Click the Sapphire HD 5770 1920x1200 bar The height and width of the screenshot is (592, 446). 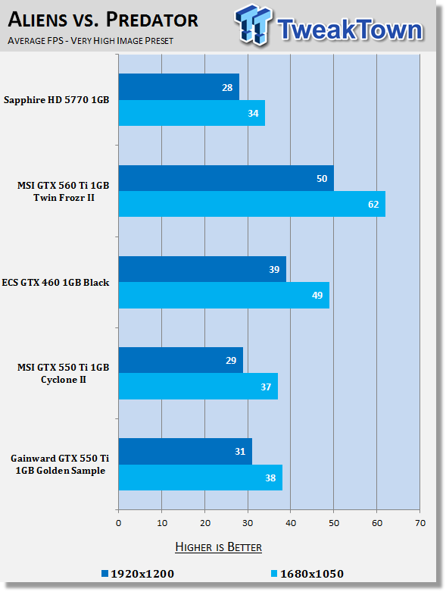[x=179, y=87]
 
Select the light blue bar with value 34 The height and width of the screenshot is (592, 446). [x=192, y=113]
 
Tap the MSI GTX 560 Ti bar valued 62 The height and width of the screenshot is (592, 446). [x=252, y=204]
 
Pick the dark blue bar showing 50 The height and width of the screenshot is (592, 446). [x=226, y=178]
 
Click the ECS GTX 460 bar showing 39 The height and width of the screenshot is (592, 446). [x=202, y=269]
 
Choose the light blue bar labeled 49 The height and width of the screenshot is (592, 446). [x=224, y=296]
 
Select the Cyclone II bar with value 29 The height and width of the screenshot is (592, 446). [x=181, y=360]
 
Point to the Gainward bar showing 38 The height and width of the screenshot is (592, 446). [x=201, y=478]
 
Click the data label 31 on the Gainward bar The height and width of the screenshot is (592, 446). [x=240, y=452]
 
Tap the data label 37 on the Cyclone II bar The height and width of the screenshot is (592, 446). [x=266, y=387]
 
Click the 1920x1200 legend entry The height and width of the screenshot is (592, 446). [x=138, y=574]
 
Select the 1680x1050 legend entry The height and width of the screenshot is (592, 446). [x=307, y=574]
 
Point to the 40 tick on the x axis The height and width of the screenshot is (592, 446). [x=291, y=523]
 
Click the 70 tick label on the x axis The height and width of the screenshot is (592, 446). [x=420, y=523]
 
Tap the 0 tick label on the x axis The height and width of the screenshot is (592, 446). [x=119, y=523]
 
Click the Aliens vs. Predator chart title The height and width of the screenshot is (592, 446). [x=103, y=20]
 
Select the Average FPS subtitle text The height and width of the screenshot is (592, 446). [x=90, y=41]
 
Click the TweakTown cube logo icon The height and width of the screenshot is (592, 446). [x=254, y=25]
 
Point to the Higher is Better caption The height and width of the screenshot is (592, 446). [x=219, y=547]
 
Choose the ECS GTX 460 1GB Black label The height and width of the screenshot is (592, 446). [x=55, y=283]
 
